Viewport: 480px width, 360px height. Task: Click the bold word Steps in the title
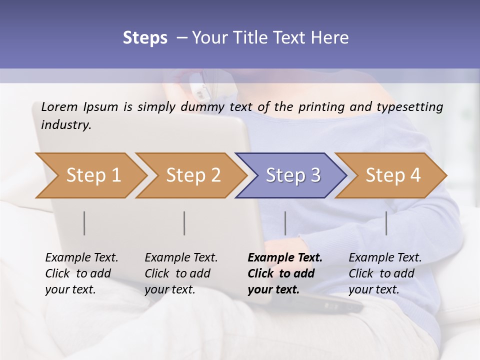tap(145, 37)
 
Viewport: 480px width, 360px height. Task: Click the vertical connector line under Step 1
tap(84, 223)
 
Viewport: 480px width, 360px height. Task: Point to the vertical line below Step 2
tap(184, 223)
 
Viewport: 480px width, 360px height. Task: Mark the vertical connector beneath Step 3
tap(285, 223)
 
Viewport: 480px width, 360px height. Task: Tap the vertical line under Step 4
tap(386, 223)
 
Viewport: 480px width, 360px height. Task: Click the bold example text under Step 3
tap(284, 273)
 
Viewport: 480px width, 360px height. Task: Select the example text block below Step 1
tap(81, 273)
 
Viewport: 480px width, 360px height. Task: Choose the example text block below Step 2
tap(181, 273)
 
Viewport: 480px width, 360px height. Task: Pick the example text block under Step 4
tap(385, 273)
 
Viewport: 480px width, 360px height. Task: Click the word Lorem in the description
tap(59, 106)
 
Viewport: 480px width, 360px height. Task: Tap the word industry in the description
tap(66, 125)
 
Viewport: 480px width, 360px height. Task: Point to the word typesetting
tap(414, 107)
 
